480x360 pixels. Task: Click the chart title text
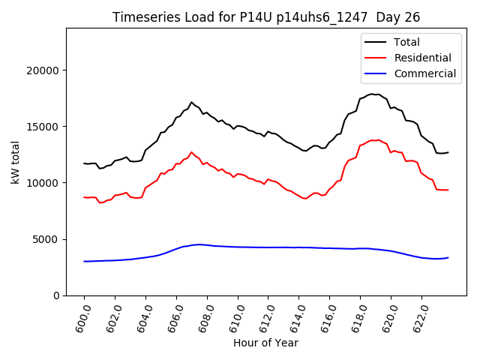[266, 17]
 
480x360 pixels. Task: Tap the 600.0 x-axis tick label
[80, 318]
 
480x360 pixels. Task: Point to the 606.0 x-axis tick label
[172, 318]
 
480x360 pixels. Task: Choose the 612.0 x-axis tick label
[265, 318]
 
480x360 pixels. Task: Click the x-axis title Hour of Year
[266, 343]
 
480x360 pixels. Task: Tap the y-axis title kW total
[15, 162]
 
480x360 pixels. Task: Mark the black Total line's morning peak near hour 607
[191, 102]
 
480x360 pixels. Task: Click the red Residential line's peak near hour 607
[191, 152]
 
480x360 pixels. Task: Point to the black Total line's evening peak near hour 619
[371, 94]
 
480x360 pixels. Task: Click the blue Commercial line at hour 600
[85, 261]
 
